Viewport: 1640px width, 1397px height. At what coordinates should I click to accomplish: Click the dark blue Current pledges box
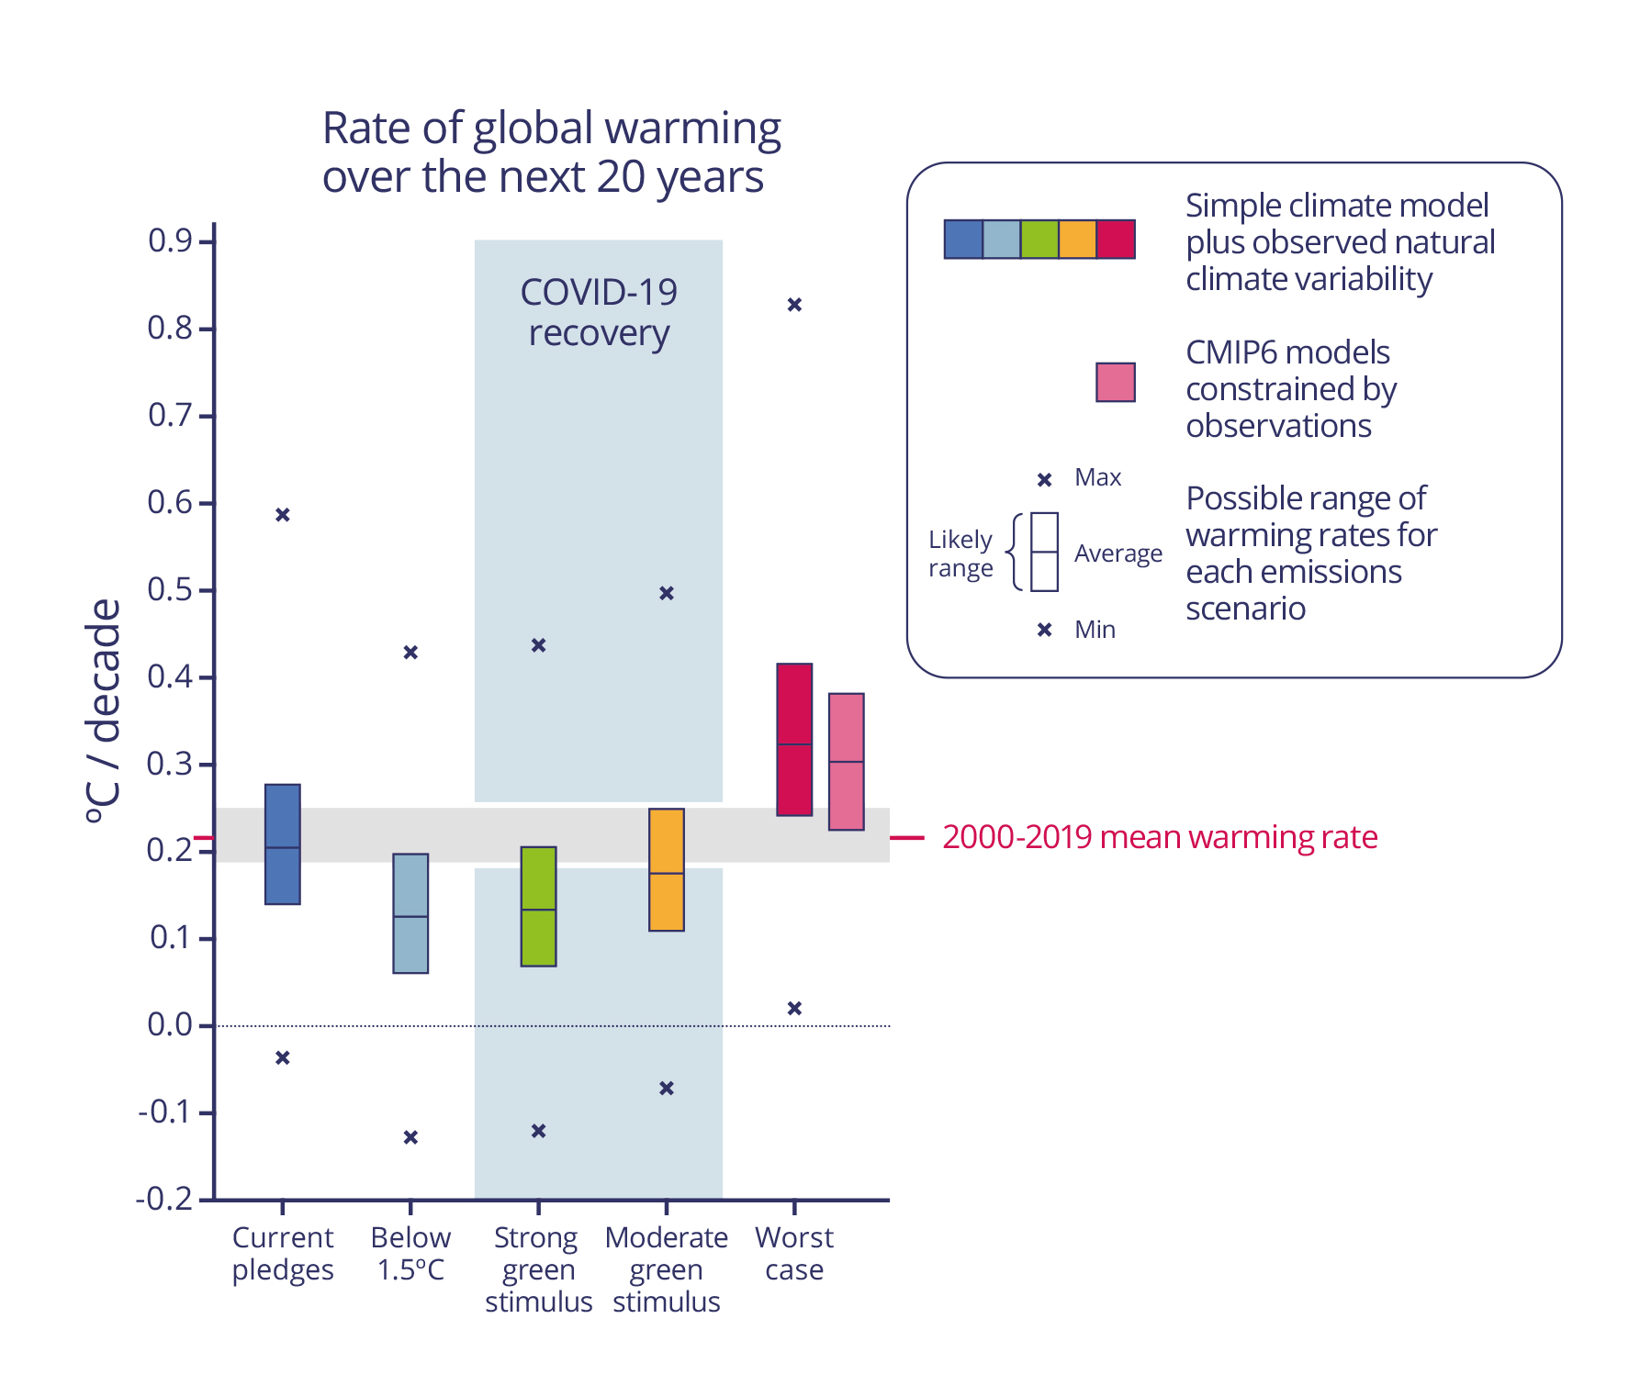coord(283,844)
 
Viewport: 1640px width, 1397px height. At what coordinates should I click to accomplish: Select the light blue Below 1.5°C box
coord(410,913)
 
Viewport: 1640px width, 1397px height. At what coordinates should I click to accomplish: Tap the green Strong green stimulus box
coord(538,906)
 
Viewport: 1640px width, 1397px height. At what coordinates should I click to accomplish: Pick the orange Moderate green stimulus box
coord(667,869)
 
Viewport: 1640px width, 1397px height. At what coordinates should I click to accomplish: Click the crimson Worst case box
coord(794,739)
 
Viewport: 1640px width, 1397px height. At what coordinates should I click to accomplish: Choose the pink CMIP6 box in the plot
coord(846,762)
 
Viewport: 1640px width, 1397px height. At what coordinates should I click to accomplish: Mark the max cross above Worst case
coord(795,305)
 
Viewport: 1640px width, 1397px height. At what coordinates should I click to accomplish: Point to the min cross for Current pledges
coord(283,1058)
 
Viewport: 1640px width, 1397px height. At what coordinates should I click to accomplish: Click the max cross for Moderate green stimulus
coord(667,594)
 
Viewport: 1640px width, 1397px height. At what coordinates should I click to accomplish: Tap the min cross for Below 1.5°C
coord(410,1137)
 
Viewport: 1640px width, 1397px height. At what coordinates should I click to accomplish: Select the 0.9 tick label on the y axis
coord(170,241)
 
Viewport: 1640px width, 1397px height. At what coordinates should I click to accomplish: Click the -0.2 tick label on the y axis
coord(164,1199)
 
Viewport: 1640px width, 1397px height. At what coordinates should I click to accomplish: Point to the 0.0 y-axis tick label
coord(170,1024)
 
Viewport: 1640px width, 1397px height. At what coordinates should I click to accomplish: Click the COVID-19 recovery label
coord(599,312)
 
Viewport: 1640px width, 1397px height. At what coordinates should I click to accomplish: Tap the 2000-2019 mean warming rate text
coord(1160,837)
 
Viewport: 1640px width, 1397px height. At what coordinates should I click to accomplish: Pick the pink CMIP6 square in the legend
coord(1116,382)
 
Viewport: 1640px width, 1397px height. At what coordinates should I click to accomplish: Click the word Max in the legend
coord(1098,477)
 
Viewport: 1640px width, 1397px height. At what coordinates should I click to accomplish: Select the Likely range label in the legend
coord(960,553)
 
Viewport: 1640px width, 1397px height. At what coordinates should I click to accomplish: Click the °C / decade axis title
coord(103,711)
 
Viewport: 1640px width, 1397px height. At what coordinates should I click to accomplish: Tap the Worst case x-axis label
coord(794,1253)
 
